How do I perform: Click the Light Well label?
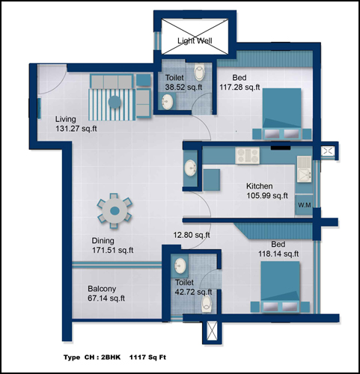(x=195, y=40)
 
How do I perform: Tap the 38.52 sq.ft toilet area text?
(x=183, y=88)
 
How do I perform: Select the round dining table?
(x=115, y=211)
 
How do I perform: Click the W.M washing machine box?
(x=305, y=205)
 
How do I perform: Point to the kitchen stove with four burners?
(x=247, y=156)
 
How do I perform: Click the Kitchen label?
(x=259, y=186)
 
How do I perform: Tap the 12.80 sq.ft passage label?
(x=192, y=235)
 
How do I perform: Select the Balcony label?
(x=102, y=289)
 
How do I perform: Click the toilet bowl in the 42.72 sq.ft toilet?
(x=207, y=304)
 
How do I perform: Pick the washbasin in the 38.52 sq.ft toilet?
(x=167, y=101)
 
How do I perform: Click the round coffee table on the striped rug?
(x=115, y=102)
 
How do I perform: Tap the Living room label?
(x=66, y=119)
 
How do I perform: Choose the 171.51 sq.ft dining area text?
(x=113, y=250)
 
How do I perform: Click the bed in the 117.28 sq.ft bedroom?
(x=282, y=114)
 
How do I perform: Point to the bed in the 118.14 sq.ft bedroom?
(x=280, y=286)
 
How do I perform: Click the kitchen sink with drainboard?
(x=304, y=169)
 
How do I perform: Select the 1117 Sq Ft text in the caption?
(x=147, y=358)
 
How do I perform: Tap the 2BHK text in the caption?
(x=111, y=358)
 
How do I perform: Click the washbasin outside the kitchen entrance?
(x=190, y=168)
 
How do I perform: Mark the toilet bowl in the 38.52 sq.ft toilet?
(x=199, y=72)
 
